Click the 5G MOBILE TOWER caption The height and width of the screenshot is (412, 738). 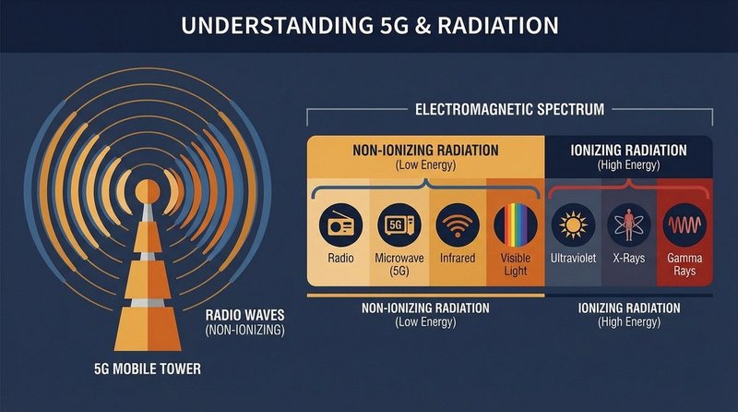(148, 371)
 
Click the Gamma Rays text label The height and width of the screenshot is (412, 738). (685, 265)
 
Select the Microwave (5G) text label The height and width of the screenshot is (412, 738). (396, 265)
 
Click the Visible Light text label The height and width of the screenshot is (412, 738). (515, 265)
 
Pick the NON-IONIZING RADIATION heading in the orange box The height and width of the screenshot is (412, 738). (426, 149)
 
